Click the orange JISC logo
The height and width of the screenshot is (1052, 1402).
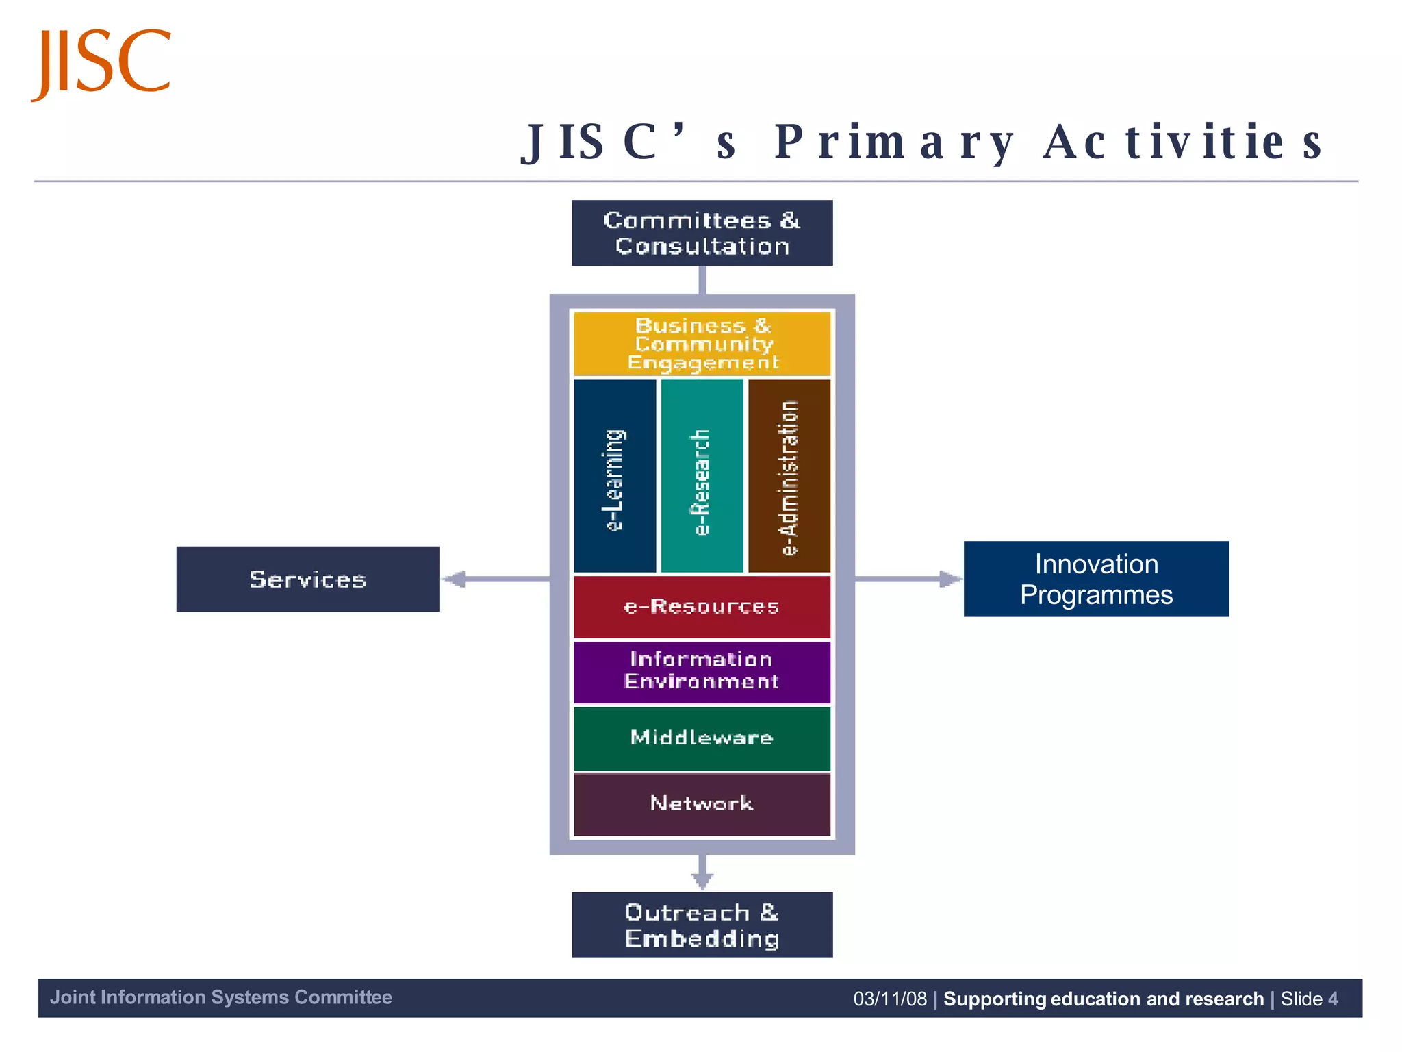pyautogui.click(x=101, y=63)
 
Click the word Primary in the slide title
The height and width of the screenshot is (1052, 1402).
pyautogui.click(x=894, y=142)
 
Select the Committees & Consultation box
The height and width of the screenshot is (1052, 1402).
pyautogui.click(x=702, y=233)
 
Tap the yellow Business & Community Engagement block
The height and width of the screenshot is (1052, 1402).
pyautogui.click(x=702, y=344)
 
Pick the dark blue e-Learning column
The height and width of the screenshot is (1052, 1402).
pyautogui.click(x=615, y=476)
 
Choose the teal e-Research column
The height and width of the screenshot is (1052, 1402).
pyautogui.click(x=702, y=476)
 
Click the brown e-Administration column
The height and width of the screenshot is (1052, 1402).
pyautogui.click(x=789, y=476)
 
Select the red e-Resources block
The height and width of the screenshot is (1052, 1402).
pyautogui.click(x=702, y=607)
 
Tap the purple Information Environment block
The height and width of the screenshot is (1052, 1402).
pyautogui.click(x=702, y=671)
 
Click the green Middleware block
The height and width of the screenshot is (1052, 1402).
pyautogui.click(x=702, y=738)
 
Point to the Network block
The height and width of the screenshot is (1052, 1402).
pyautogui.click(x=702, y=803)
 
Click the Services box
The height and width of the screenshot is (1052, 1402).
pyautogui.click(x=308, y=579)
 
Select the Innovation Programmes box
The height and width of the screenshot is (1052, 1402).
pyautogui.click(x=1096, y=579)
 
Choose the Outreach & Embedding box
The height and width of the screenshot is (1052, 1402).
pyautogui.click(x=702, y=925)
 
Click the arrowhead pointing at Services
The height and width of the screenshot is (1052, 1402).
pyautogui.click(x=455, y=579)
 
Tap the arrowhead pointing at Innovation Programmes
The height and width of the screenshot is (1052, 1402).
pyautogui.click(x=949, y=579)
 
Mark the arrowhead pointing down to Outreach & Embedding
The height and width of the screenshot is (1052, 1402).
pyautogui.click(x=702, y=881)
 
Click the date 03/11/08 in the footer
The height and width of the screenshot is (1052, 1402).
pyautogui.click(x=890, y=999)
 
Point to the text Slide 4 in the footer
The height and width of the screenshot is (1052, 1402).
pyautogui.click(x=1309, y=999)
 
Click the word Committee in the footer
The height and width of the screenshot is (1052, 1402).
pyautogui.click(x=343, y=997)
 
